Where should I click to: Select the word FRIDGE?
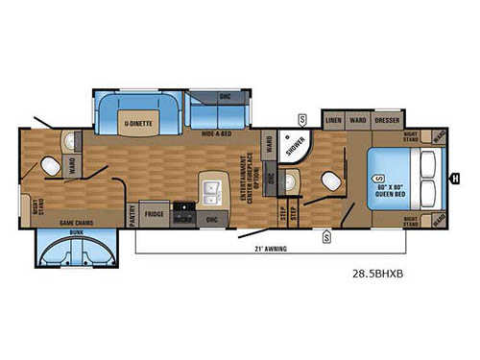[x=155, y=213]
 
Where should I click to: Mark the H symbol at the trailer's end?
[x=455, y=176]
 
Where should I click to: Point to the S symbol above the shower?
[x=301, y=118]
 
